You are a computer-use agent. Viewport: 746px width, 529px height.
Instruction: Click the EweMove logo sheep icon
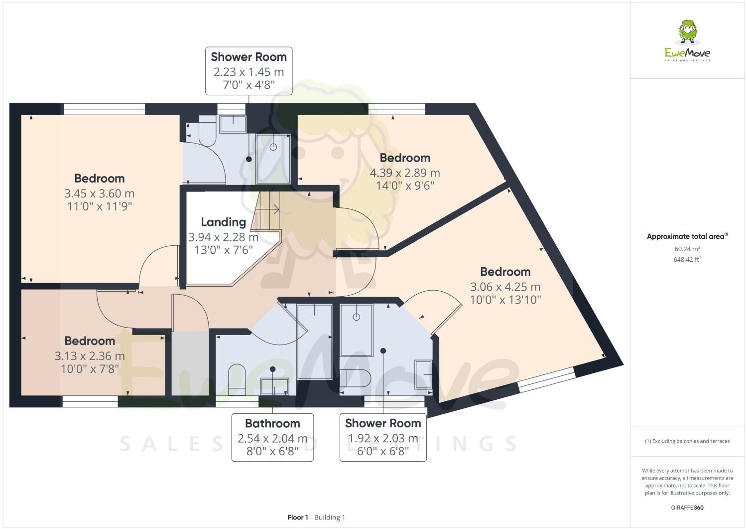coord(688,32)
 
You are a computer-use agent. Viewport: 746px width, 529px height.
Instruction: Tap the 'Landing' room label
coord(223,222)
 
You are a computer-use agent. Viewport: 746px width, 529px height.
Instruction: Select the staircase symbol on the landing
coord(267,211)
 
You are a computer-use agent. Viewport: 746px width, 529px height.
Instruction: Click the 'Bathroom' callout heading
coord(272,424)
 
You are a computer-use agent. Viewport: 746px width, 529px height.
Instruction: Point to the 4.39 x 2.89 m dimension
coord(404,173)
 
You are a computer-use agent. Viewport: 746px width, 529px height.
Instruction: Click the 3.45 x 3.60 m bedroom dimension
coord(99,193)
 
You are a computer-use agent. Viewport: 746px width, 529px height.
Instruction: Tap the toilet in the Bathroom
coord(237,378)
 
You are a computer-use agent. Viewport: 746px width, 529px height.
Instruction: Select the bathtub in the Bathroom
coord(314,341)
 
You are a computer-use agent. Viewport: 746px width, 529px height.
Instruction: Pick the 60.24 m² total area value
coord(687,249)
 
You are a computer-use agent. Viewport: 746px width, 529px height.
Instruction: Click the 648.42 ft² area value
coord(687,259)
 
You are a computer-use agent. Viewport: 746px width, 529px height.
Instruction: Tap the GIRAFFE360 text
coord(687,508)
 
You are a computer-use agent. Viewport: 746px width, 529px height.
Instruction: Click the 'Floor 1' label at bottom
coord(298,518)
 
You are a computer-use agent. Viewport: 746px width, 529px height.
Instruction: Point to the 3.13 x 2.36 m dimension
coord(90,356)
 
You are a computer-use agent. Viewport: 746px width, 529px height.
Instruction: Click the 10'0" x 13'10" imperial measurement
coord(505,300)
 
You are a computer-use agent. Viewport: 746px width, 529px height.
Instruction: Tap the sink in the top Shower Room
coord(233,124)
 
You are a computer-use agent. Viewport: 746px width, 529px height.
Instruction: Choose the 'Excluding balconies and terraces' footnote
coord(687,441)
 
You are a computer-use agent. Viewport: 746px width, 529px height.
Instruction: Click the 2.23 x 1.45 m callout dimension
coord(249,72)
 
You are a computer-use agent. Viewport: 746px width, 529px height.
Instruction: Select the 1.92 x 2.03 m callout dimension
coord(383,439)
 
